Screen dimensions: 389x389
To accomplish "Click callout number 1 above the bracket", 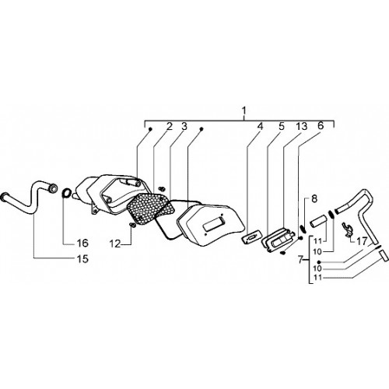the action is coord(244,111).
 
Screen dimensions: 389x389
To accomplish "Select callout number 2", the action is coord(169,127).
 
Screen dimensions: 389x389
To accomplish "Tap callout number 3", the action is coord(184,127).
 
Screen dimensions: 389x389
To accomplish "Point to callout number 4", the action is coord(260,127).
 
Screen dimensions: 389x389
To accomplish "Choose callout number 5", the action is coord(282,127).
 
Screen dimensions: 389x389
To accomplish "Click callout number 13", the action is coord(301,127).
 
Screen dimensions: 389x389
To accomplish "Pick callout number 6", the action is coord(321,126).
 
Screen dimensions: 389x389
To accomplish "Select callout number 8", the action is coord(314,199).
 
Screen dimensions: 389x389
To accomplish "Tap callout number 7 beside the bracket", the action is coord(300,260).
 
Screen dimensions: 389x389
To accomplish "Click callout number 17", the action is coord(362,241).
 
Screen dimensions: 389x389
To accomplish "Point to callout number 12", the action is coord(115,244).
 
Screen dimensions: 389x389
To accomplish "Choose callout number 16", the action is coord(82,243).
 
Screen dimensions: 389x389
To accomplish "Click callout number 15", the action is coord(82,258).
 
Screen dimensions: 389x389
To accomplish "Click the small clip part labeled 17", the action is coord(347,229).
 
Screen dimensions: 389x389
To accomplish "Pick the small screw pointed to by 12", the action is coord(133,226).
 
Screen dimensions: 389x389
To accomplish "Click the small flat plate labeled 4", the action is coord(251,237).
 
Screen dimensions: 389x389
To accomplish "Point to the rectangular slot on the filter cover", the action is coord(214,225).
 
